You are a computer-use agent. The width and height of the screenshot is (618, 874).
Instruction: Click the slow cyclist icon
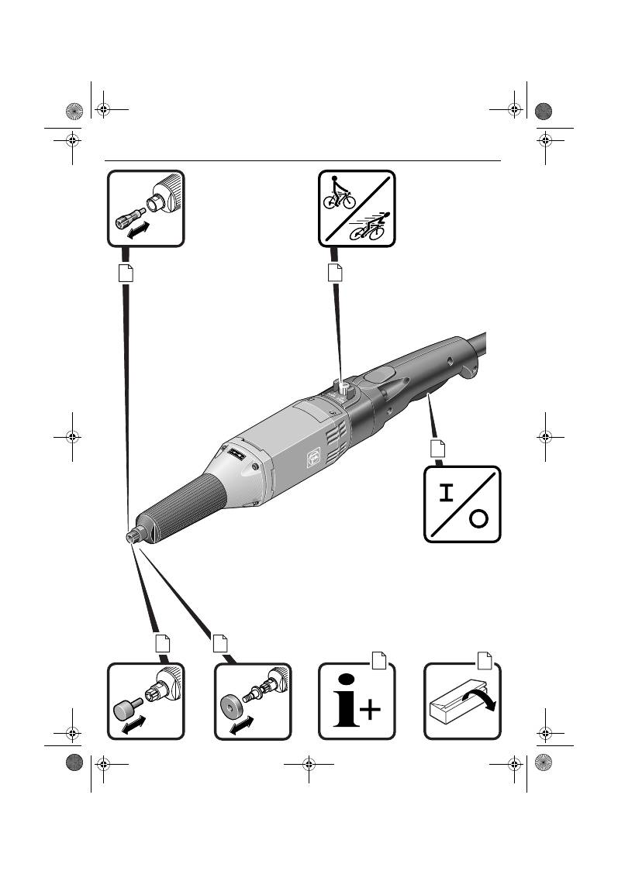(338, 193)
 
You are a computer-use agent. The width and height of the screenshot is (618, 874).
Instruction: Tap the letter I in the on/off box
(445, 494)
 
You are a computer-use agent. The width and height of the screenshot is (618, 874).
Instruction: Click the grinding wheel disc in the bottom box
(231, 704)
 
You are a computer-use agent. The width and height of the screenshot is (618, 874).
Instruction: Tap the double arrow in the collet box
(138, 229)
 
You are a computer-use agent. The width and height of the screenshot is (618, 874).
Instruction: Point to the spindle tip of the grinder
(132, 536)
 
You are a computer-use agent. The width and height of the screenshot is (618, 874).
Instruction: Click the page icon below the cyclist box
(335, 273)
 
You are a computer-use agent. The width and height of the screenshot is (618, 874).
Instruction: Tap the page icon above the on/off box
(438, 449)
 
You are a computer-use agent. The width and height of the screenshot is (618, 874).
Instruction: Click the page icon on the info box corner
(379, 659)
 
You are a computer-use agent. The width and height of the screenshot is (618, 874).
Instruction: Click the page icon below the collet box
(126, 273)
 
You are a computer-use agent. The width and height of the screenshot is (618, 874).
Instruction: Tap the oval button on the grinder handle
(378, 376)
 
